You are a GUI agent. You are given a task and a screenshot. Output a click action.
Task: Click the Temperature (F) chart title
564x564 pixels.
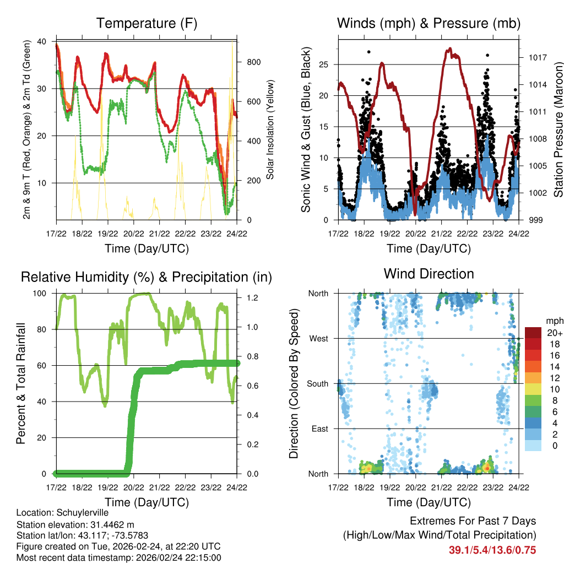[x=146, y=24]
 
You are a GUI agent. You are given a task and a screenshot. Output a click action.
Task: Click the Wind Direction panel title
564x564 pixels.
[x=429, y=274]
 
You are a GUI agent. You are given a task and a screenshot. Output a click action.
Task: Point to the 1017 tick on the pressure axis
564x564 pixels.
[x=533, y=57]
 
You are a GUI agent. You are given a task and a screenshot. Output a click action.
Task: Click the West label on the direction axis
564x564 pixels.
[x=318, y=339]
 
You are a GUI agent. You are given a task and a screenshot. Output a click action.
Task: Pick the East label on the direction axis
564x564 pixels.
[x=319, y=429]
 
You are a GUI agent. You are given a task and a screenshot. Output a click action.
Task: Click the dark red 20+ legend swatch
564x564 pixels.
[x=533, y=333]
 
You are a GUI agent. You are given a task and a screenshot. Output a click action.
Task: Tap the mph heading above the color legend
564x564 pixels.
[x=553, y=321]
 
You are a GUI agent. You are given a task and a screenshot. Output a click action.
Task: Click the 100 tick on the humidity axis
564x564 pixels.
[x=42, y=294]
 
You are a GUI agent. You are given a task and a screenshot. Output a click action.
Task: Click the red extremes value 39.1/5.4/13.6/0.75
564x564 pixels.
[x=492, y=550]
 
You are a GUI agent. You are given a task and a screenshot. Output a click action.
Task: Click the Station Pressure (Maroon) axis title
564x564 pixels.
[x=558, y=130]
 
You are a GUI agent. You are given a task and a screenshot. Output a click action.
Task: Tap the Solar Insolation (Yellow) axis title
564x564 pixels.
[x=270, y=130]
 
